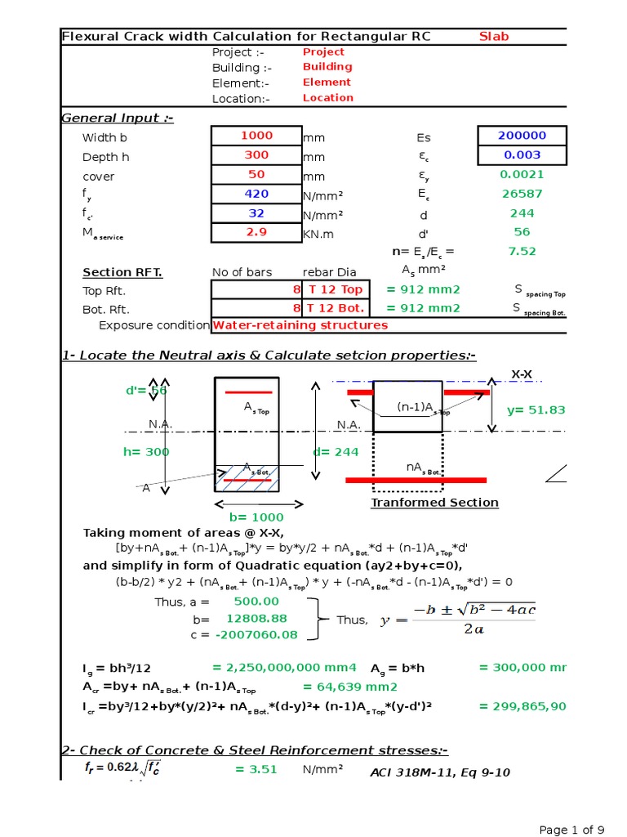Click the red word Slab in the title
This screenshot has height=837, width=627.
[x=493, y=37]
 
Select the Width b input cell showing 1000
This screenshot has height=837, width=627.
[x=256, y=136]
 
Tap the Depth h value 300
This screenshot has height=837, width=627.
[x=256, y=155]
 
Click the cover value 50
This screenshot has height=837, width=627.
[x=256, y=175]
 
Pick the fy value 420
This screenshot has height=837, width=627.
[x=256, y=195]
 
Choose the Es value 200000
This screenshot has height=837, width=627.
[x=522, y=136]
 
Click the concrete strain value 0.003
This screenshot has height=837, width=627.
[x=522, y=155]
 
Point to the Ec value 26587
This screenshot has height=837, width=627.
[x=522, y=195]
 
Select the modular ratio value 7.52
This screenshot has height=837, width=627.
[x=522, y=252]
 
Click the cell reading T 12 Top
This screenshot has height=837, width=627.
[x=334, y=289]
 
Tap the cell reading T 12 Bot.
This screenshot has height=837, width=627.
[x=334, y=309]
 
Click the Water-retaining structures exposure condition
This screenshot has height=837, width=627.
[x=300, y=325]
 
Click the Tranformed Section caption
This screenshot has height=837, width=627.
[x=434, y=503]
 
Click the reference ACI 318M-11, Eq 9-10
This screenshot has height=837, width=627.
[x=440, y=772]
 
